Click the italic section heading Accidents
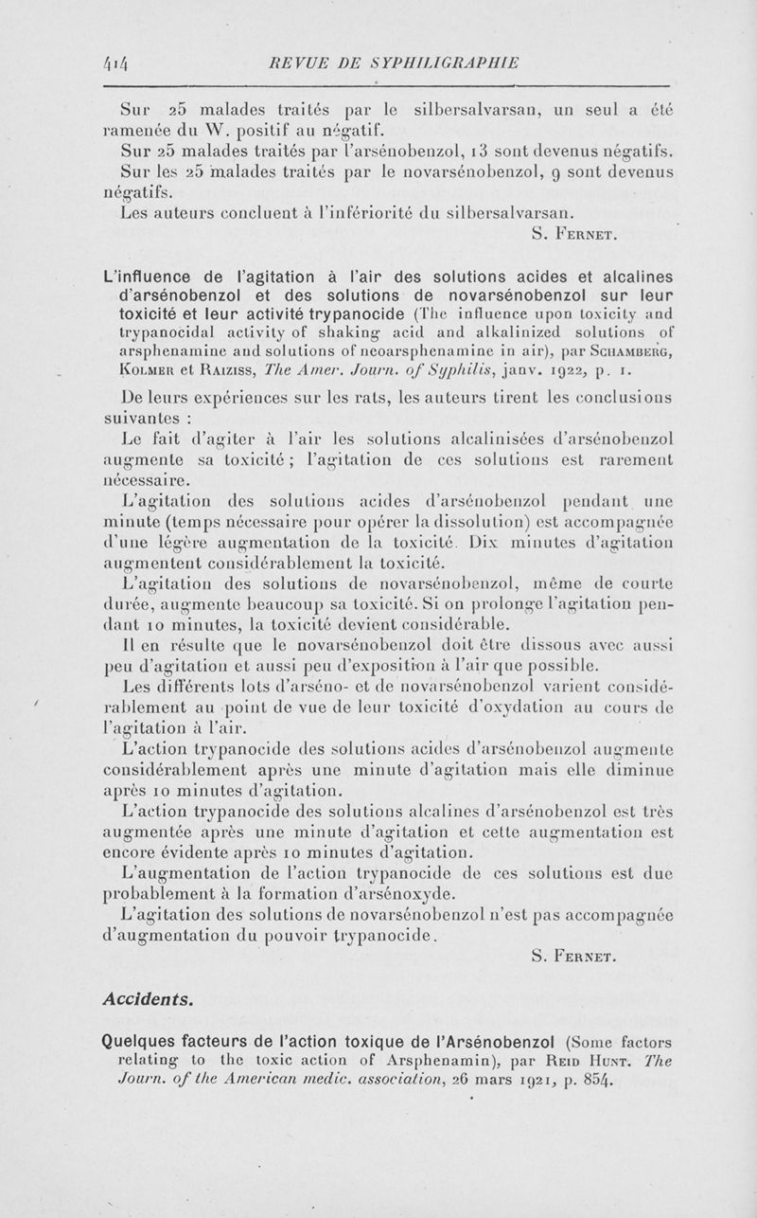(147, 998)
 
